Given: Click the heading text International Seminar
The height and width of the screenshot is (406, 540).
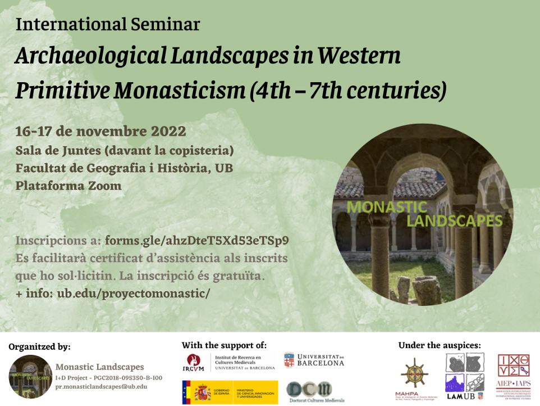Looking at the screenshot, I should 107,24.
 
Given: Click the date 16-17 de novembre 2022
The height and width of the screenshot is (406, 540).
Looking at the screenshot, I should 100,132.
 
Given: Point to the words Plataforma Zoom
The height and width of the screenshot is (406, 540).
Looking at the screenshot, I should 68,186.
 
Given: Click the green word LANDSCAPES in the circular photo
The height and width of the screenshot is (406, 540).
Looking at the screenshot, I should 446,220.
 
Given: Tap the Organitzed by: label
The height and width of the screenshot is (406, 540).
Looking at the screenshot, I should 39,346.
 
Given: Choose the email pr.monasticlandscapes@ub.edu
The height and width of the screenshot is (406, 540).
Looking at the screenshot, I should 101,386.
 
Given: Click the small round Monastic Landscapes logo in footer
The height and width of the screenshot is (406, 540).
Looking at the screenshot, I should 30,376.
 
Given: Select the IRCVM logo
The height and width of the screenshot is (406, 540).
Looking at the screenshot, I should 231,361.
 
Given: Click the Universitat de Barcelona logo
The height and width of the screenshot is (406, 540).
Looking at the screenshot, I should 314,360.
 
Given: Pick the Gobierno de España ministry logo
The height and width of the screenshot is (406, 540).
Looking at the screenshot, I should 230,391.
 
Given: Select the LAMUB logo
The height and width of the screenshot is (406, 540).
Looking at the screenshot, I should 465,373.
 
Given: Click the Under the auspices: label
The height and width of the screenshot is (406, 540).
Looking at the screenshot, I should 440,345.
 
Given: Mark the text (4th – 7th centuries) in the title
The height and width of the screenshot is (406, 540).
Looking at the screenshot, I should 347,89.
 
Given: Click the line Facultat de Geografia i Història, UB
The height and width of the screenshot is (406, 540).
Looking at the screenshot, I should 124,168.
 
